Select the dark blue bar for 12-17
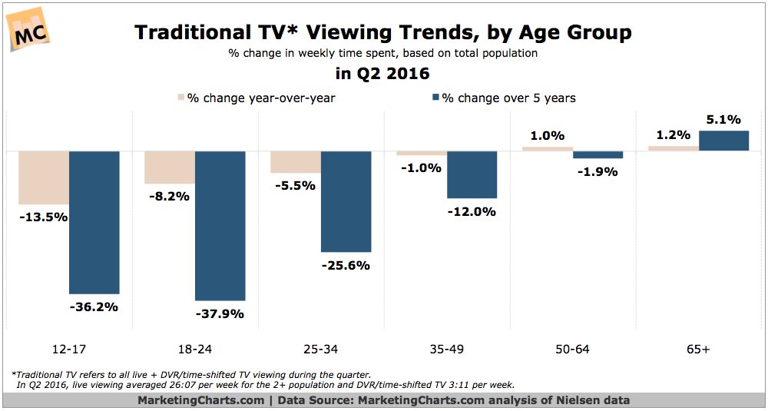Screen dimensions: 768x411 pyautogui.click(x=94, y=222)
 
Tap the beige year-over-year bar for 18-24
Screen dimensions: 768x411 pyautogui.click(x=170, y=167)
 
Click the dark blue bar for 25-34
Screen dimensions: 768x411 pyautogui.click(x=346, y=201)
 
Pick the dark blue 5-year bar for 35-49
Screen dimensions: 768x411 pyautogui.click(x=472, y=174)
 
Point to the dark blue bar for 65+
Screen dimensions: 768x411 pyautogui.click(x=724, y=141)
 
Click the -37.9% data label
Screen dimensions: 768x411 pyautogui.click(x=219, y=314)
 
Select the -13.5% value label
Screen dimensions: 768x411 pyautogui.click(x=43, y=217)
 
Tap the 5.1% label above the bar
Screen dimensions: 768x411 pyautogui.click(x=724, y=119)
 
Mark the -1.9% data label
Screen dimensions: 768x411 pyautogui.click(x=598, y=172)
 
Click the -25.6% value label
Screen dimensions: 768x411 pyautogui.click(x=346, y=266)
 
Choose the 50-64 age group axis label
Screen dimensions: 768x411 pyautogui.click(x=573, y=350)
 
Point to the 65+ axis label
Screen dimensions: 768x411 pyautogui.click(x=699, y=350)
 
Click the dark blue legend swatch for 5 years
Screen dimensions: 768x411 pyautogui.click(x=435, y=98)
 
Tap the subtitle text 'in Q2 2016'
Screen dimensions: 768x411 pyautogui.click(x=383, y=75)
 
